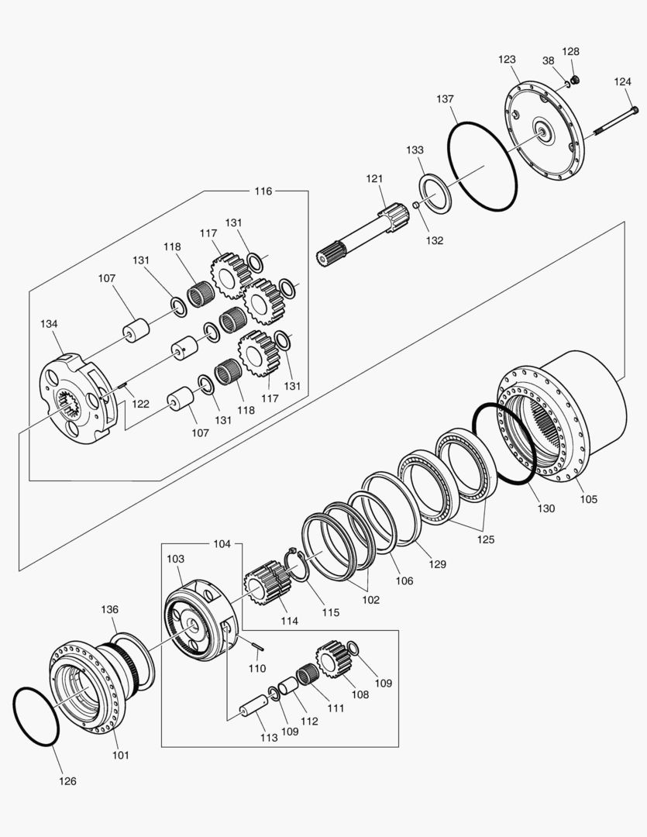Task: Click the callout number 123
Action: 507,60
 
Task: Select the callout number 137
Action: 445,99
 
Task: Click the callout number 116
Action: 263,191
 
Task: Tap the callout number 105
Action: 588,499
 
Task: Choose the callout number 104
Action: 222,544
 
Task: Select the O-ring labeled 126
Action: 36,716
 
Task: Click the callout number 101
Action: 121,755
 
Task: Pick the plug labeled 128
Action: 575,78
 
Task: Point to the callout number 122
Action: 139,403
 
